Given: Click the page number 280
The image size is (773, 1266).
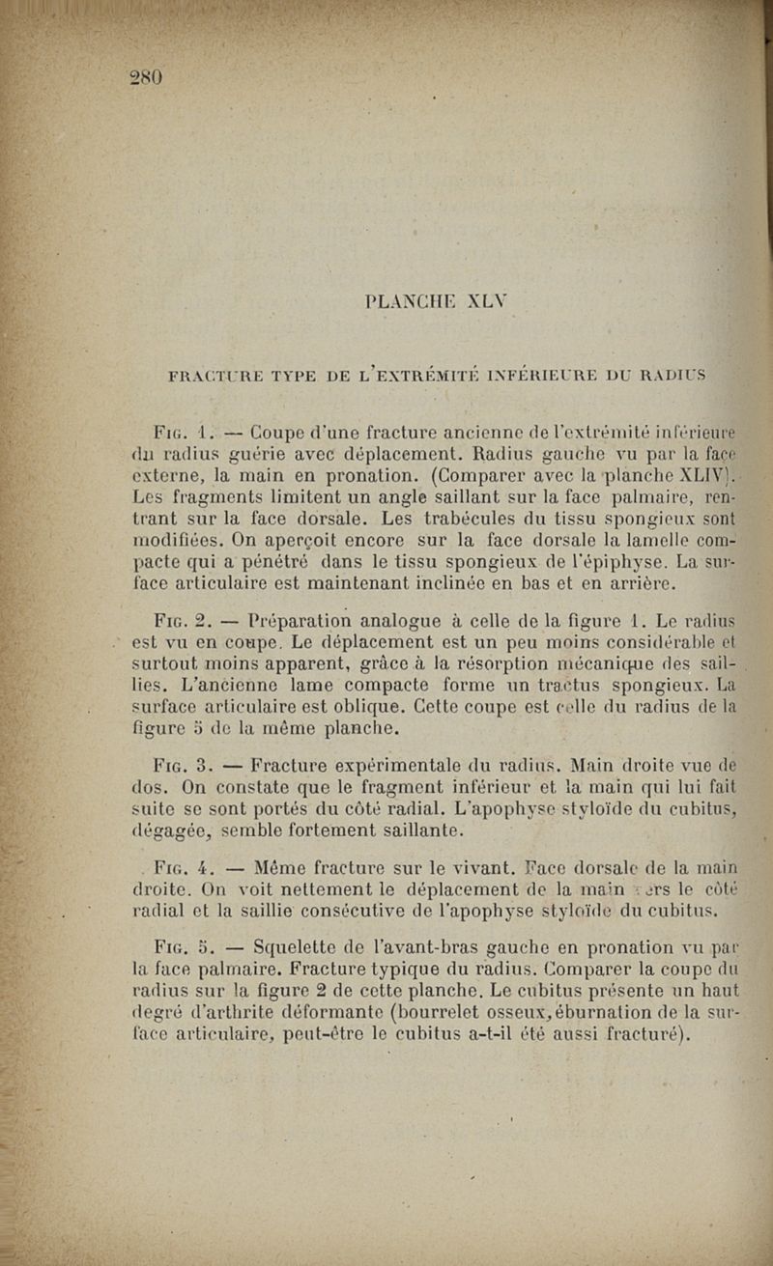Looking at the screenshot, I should click(x=148, y=77).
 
